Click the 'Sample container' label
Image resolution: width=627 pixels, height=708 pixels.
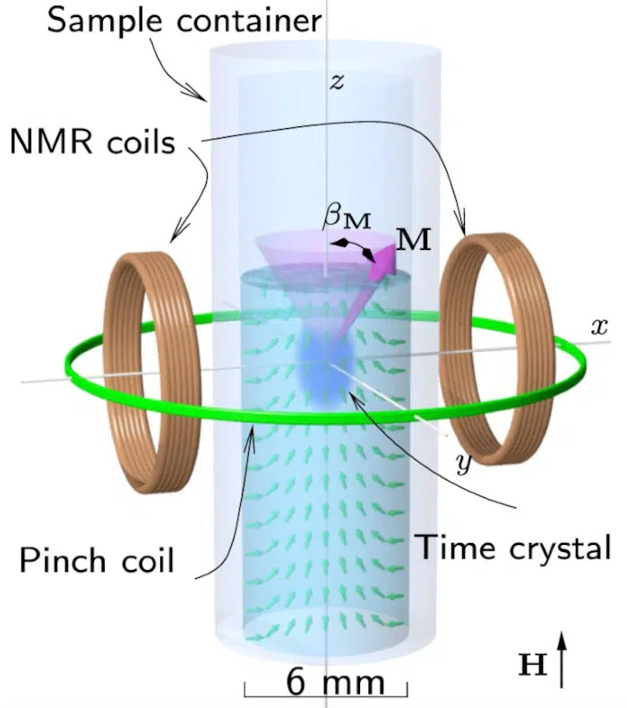pos(185,21)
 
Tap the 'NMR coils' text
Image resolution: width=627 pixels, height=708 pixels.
pos(93,142)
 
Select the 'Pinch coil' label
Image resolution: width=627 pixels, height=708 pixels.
pos(97,561)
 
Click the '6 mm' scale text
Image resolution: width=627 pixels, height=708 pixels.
pos(336,682)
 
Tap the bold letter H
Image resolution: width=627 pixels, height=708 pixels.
pos(533,665)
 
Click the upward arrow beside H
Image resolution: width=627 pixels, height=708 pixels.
pos(561,660)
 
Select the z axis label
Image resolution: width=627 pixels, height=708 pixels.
pos(337,82)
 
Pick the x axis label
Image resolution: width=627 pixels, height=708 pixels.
pos(599,326)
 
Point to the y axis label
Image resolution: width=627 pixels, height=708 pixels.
pos(464,462)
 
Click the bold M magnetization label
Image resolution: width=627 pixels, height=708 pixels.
pos(414,239)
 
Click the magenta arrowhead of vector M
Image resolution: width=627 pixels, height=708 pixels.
pos(382,261)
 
